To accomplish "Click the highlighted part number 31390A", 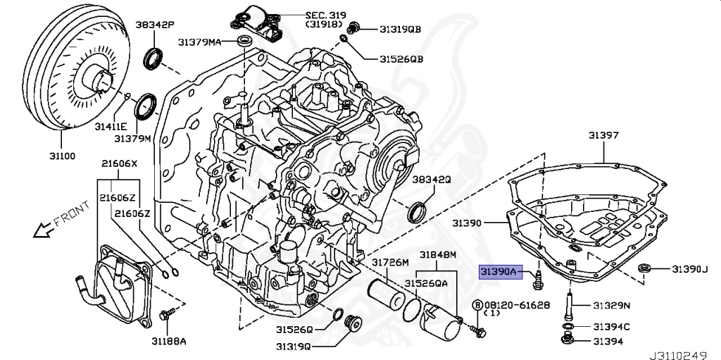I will pyautogui.click(x=499, y=271).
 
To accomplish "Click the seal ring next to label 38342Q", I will pyautogui.click(x=418, y=210).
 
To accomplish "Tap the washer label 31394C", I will pyautogui.click(x=611, y=326).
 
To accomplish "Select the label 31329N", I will pyautogui.click(x=611, y=305).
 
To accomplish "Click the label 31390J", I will pyautogui.click(x=689, y=269).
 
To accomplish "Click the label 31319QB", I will pyautogui.click(x=400, y=29).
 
